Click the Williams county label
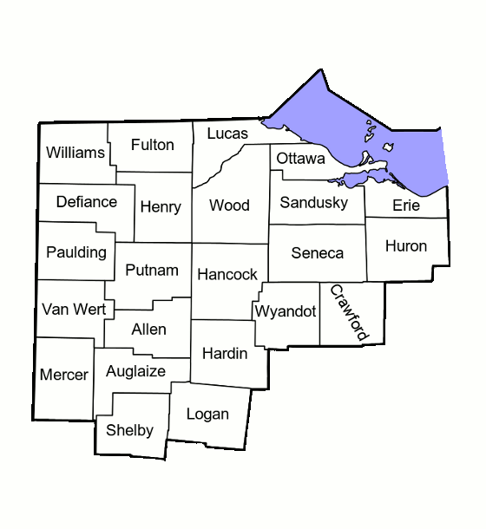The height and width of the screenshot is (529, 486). pyautogui.click(x=76, y=153)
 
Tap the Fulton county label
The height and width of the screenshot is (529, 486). pyautogui.click(x=153, y=145)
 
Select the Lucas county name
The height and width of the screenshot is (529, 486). pyautogui.click(x=227, y=134)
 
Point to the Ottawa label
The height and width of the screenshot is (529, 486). pyautogui.click(x=301, y=159)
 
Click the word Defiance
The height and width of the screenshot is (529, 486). pyautogui.click(x=86, y=202)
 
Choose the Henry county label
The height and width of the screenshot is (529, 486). pyautogui.click(x=160, y=207)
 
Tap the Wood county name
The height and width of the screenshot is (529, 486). pyautogui.click(x=230, y=206)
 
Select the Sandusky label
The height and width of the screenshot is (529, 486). pyautogui.click(x=314, y=203)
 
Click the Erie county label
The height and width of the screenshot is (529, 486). pyautogui.click(x=406, y=206)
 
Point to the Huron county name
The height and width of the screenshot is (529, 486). pyautogui.click(x=406, y=245)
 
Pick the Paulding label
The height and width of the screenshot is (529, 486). pyautogui.click(x=77, y=252)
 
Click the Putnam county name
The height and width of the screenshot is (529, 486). pyautogui.click(x=152, y=270)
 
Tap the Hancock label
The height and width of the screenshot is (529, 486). pyautogui.click(x=227, y=274)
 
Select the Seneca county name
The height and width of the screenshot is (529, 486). pyautogui.click(x=318, y=253)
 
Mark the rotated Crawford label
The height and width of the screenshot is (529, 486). pyautogui.click(x=350, y=312)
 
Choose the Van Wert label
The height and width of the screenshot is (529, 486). pyautogui.click(x=74, y=309)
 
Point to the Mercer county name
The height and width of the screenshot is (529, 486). pyautogui.click(x=64, y=375)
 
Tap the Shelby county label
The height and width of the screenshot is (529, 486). pyautogui.click(x=129, y=430)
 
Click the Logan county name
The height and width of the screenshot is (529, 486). pyautogui.click(x=208, y=414)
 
